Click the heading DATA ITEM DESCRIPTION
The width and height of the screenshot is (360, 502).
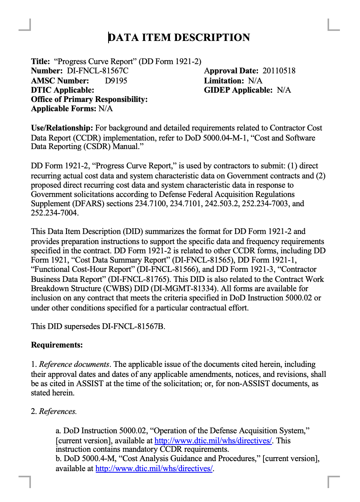pos(179,37)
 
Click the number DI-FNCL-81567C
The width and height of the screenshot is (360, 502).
pos(97,71)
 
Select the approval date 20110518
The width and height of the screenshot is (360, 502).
pos(279,71)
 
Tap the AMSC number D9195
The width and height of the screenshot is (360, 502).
pos(116,80)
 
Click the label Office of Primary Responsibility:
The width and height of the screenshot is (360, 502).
pos(89,99)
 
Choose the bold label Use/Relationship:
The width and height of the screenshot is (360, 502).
pos(62,128)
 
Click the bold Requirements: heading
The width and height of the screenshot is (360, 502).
pos(57,345)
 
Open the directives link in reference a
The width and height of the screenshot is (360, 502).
pos(213,441)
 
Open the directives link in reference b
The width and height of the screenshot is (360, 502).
pos(154,468)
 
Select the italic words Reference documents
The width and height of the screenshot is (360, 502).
pos(74,364)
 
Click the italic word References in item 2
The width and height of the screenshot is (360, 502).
pos(58,411)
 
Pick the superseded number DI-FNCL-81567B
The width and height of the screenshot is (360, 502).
pos(133,326)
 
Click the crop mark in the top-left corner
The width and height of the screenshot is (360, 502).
pos(25,25)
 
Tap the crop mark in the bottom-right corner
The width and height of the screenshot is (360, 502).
pos(333,481)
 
